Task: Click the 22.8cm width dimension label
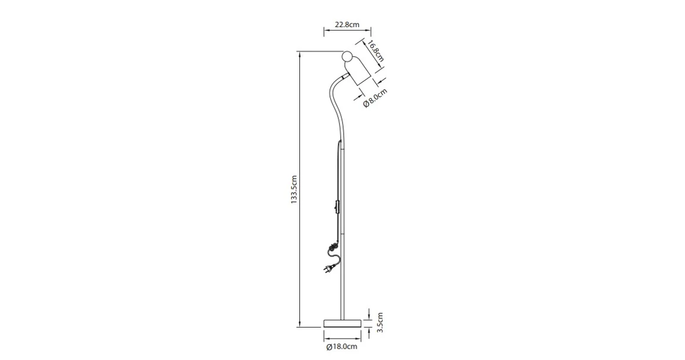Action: [347, 25]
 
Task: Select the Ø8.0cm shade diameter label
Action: [375, 97]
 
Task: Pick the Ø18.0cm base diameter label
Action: [342, 347]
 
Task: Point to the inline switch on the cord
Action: [337, 208]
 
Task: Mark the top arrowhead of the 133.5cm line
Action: [301, 54]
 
